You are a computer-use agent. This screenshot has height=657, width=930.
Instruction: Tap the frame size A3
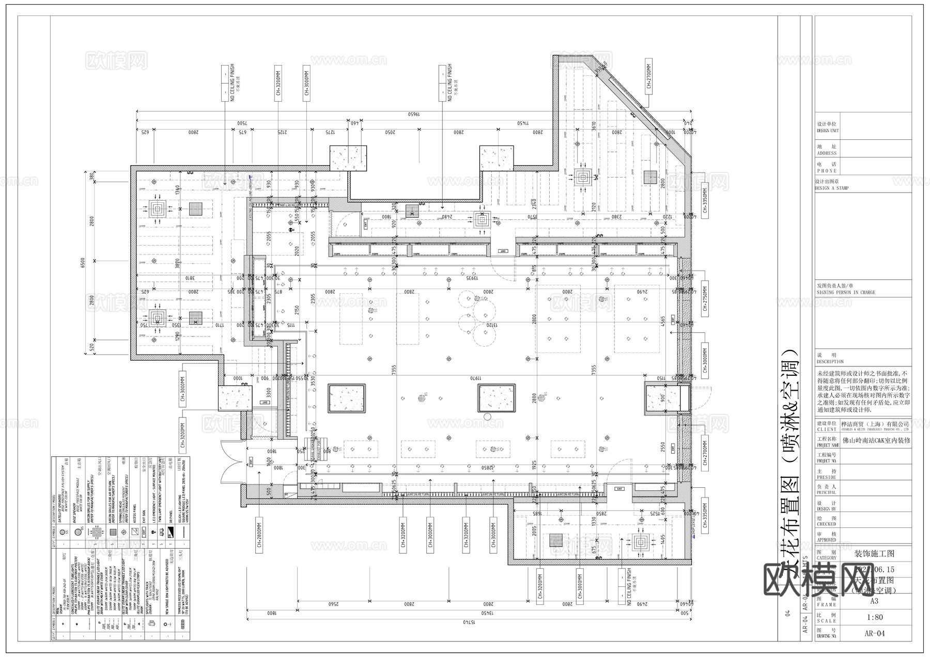pyautogui.click(x=874, y=601)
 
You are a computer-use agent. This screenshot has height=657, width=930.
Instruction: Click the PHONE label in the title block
pyautogui.click(x=826, y=168)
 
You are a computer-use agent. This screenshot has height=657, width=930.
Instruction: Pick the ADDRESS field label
pyautogui.click(x=827, y=150)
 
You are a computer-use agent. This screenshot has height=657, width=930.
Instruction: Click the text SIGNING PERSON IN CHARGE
pyautogui.click(x=845, y=292)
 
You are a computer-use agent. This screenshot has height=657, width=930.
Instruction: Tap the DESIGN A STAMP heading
pyautogui.click(x=831, y=188)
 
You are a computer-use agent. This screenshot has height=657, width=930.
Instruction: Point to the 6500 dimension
pyautogui.click(x=82, y=263)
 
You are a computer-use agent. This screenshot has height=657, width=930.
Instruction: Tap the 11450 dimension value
pyautogui.click(x=524, y=123)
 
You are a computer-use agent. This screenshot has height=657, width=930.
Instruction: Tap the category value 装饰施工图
pyautogui.click(x=874, y=554)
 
